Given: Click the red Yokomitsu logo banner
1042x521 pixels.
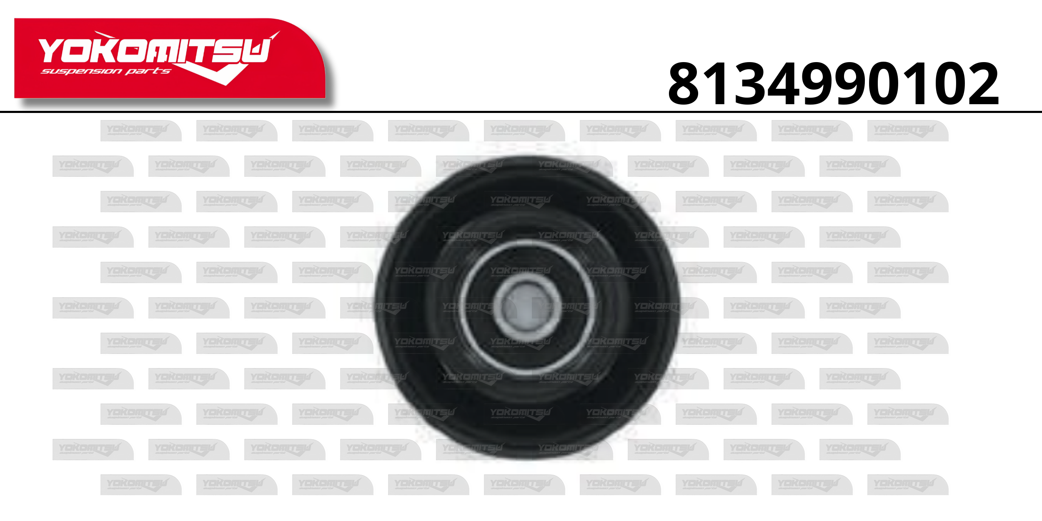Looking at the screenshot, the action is (x=170, y=58).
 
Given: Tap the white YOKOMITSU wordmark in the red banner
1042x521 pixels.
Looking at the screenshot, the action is (x=154, y=51).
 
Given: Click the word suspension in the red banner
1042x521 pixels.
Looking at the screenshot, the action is (x=82, y=71).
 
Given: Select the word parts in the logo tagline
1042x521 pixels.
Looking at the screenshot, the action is (x=148, y=71).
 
